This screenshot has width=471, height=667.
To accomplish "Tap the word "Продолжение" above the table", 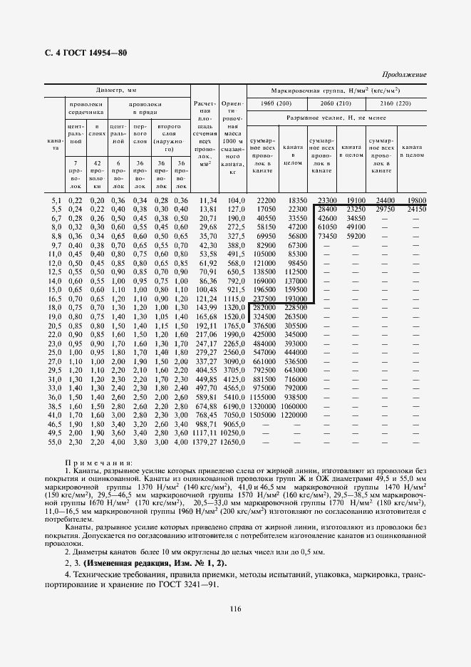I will [404, 74].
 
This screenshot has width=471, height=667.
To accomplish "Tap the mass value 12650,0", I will [232, 442].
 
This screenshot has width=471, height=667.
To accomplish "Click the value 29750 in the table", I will [378, 210].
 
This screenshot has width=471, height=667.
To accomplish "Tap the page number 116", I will [235, 609].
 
